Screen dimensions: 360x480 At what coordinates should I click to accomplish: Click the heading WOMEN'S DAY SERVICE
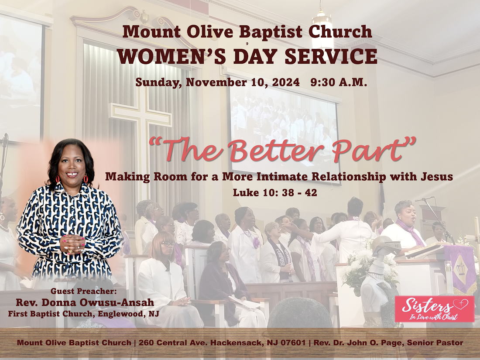point(247,57)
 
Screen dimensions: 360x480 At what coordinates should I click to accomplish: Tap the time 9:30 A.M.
point(339,82)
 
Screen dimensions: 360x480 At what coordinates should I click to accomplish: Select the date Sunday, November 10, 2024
point(217,82)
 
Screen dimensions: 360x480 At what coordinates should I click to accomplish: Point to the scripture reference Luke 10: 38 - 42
point(275,192)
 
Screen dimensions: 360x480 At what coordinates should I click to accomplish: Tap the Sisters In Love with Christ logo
point(434,309)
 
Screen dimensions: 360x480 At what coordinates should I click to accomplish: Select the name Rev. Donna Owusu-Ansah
point(85,302)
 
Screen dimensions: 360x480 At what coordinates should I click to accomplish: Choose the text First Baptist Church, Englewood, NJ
point(83,313)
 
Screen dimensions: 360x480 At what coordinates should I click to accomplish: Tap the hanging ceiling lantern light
point(322,28)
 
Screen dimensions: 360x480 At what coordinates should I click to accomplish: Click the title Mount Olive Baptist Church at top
point(247,32)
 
